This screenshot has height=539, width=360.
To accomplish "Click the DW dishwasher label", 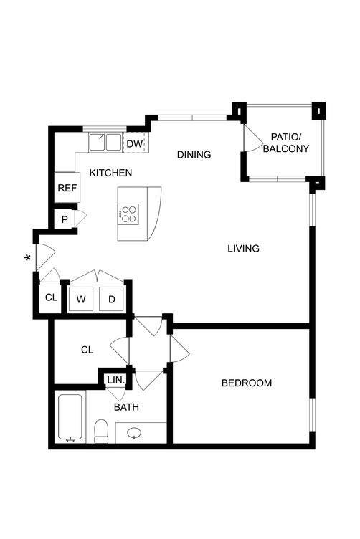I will tap(135, 144).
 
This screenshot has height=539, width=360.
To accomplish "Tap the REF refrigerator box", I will tap(67, 189).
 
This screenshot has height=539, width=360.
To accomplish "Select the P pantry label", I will tap(65, 219).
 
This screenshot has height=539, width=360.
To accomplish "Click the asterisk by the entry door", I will tap(29, 259).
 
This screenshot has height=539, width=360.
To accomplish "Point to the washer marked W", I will tap(81, 299).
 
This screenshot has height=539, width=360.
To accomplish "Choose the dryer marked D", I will tap(112, 299).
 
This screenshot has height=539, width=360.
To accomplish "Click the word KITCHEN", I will tap(110, 173).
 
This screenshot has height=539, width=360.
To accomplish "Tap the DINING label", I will tap(194, 154).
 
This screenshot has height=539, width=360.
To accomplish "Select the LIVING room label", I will tap(243, 249).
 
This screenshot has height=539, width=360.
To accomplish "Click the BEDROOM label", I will tap(246, 383).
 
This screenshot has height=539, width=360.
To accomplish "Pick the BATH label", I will tap(126, 407).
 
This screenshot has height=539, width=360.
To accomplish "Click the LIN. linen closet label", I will tap(115, 381).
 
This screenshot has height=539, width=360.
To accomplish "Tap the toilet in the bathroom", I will tap(101, 430).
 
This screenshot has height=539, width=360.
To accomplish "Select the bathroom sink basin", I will tap(134, 433).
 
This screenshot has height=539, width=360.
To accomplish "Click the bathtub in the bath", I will tap(71, 417).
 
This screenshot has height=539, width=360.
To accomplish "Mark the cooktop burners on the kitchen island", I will tap(128, 213).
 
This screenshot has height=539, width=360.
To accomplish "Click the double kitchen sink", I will tap(106, 142).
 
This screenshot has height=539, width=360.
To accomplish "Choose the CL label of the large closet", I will tap(87, 350).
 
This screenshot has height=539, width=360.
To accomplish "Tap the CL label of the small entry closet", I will tap(51, 297).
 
